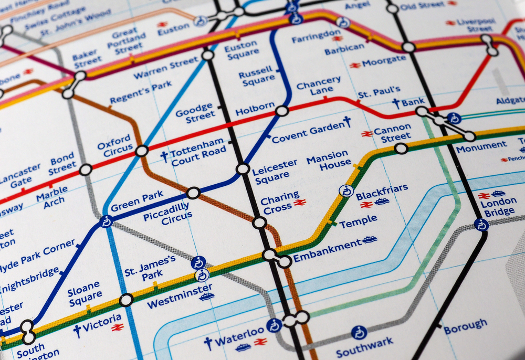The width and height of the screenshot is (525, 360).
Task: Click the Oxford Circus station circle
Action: pyautogui.click(x=142, y=151)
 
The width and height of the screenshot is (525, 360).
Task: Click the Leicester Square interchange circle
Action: pyautogui.click(x=243, y=169)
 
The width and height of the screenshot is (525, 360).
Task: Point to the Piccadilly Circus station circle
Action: pyautogui.click(x=193, y=193)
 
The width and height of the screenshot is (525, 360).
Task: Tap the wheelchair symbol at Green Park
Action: pyautogui.click(x=107, y=221)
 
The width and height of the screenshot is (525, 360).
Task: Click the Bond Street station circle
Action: pyautogui.click(x=86, y=170)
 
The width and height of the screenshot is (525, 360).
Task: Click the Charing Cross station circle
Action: pyautogui.click(x=259, y=223)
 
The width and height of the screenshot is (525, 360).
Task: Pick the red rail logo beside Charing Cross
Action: pyautogui.click(x=300, y=203)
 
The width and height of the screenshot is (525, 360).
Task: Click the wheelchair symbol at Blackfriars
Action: pyautogui.click(x=346, y=190)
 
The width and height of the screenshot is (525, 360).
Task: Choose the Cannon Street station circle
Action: pyautogui.click(x=401, y=149)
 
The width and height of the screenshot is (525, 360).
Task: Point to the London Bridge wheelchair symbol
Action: pyautogui.click(x=481, y=225)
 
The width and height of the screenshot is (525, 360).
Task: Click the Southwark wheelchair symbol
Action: pyautogui.click(x=359, y=332)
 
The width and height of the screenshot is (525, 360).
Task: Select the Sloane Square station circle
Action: pyautogui.click(x=127, y=300)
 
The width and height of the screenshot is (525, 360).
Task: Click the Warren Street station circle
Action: pyautogui.click(x=208, y=55)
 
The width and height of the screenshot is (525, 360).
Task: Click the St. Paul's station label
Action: pyautogui.click(x=379, y=93)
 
